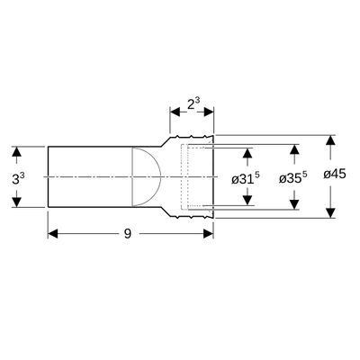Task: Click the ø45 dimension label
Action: coord(335,174)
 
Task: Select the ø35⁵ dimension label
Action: coord(292,177)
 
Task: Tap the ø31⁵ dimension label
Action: coord(246,178)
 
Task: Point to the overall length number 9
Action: coord(128,233)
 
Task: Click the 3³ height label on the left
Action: coord(18,178)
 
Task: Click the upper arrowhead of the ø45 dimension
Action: coord(330,140)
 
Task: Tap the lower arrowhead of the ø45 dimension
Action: coord(330,212)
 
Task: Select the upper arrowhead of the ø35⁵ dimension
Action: coord(295,149)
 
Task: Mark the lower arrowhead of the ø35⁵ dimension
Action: coord(295,204)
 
